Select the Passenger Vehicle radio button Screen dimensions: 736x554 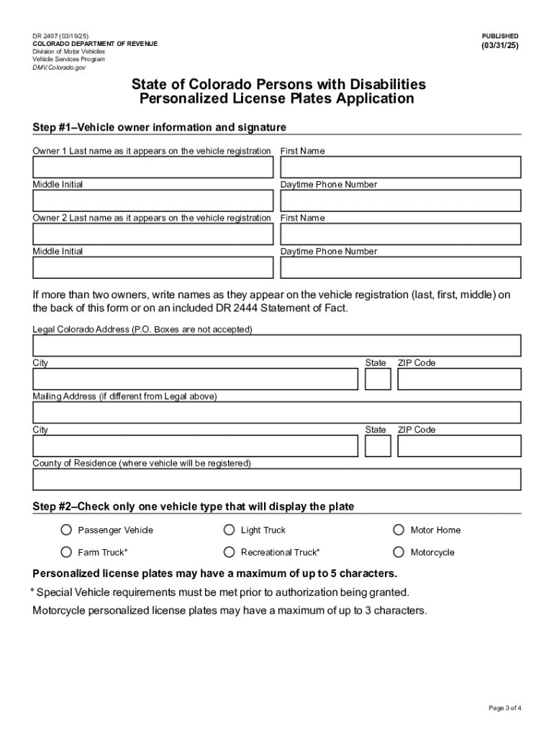66,530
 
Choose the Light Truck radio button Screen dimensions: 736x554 229,530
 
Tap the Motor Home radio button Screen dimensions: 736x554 399,530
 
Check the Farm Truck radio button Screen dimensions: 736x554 66,552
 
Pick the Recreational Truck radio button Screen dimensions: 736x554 229,552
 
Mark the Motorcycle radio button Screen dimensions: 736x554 399,552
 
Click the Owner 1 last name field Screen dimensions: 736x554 153,167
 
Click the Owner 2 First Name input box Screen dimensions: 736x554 400,234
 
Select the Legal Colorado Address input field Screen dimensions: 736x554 276,346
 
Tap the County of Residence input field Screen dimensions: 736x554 276,479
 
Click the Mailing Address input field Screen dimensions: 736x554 276,413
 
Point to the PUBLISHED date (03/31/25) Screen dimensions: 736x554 499,46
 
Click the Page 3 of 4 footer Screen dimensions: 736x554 504,708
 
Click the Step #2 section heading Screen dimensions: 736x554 193,507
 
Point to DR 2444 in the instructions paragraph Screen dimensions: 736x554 237,308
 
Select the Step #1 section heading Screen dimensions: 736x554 159,127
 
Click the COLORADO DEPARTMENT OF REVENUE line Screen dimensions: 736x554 95,44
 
